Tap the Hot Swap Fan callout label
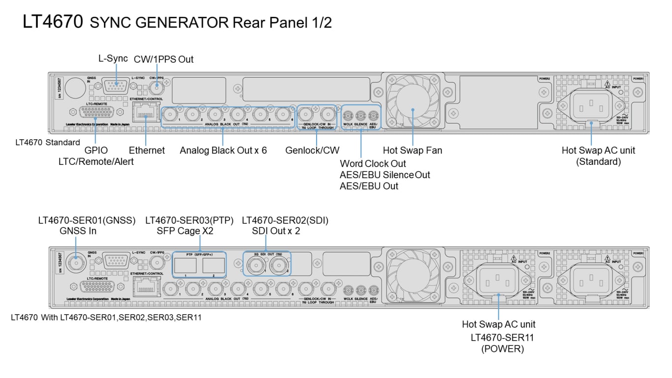[412, 150]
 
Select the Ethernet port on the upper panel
[146, 116]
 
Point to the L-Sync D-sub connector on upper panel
[116, 87]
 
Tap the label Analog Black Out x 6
[223, 150]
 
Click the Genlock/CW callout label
[312, 150]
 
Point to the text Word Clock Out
[373, 163]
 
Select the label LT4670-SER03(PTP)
[189, 220]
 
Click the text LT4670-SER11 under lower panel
[502, 337]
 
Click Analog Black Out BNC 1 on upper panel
[170, 114]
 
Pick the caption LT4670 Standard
[48, 143]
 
